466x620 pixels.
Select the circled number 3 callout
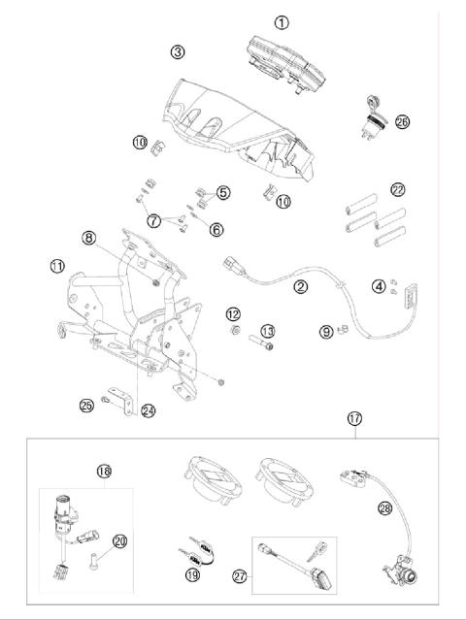(177, 50)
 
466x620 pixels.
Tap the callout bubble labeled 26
(402, 122)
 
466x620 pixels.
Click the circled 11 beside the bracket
(58, 265)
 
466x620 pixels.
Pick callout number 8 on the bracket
(143, 236)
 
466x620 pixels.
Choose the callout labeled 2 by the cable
(301, 286)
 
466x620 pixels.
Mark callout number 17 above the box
(355, 419)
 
